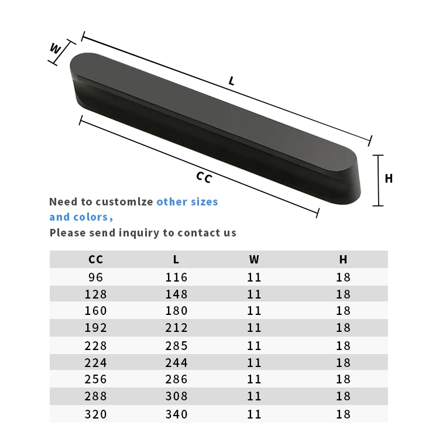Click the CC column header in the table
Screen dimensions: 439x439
coord(96,259)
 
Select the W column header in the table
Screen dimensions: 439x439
coord(254,259)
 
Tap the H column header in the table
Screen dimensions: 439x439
coord(343,259)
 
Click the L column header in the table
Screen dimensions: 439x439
coord(176,259)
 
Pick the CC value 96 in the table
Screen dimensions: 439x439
coord(96,277)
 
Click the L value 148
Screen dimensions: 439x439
coord(176,294)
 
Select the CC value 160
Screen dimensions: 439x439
coord(96,311)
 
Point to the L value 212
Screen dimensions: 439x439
coord(176,328)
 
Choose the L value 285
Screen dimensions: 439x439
coord(176,345)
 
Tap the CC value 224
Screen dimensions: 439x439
coord(96,362)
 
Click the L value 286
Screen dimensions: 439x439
coord(176,379)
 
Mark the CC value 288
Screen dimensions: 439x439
coord(96,396)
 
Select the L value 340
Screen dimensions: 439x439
coord(176,414)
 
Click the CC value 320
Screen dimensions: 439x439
coord(96,414)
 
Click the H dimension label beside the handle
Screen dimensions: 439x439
coord(389,179)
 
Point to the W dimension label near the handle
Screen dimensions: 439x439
coord(56,49)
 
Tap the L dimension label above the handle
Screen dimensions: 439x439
coord(232,81)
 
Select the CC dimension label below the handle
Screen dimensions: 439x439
coord(203,177)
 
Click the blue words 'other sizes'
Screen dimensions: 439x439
coord(187,202)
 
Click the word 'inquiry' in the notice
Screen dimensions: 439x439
coord(139,233)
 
